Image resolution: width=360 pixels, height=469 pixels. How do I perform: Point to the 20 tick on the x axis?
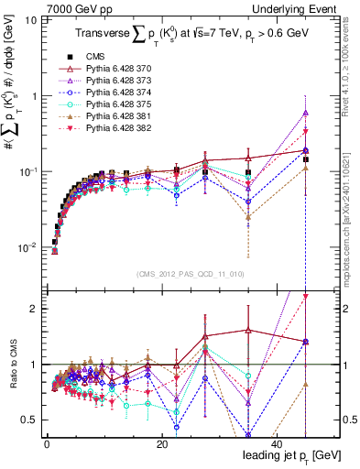click(x=162, y=443)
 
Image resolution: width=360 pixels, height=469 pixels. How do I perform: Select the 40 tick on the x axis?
click(x=277, y=443)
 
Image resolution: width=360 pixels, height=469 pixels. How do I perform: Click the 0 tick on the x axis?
click(x=48, y=443)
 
